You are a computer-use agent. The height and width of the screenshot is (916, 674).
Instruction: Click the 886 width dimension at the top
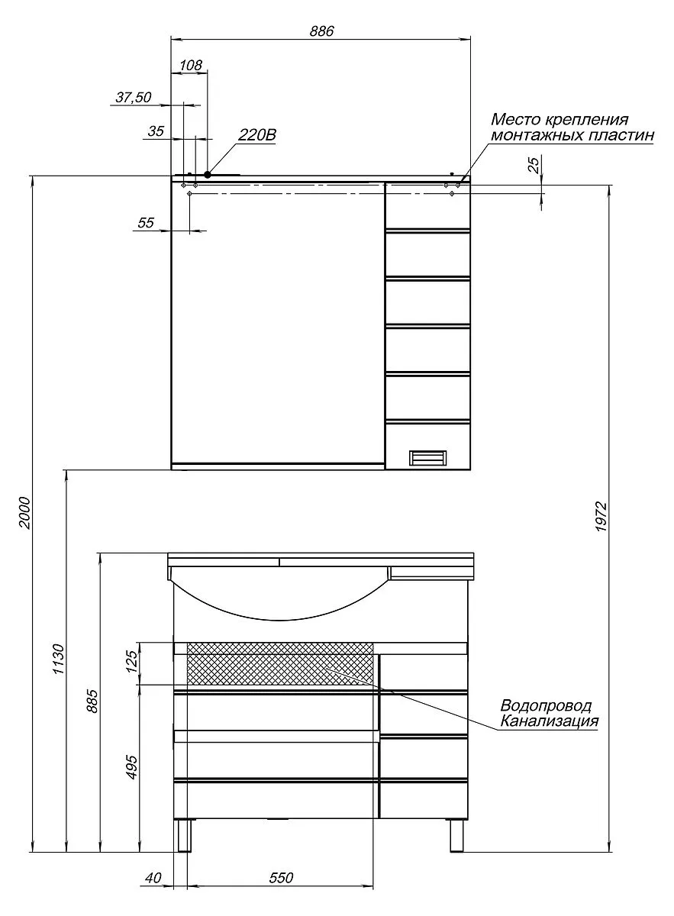coord(321,31)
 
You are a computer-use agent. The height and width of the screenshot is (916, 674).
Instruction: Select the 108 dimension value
coord(191,65)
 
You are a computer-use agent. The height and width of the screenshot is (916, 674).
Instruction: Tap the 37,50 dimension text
coord(134,98)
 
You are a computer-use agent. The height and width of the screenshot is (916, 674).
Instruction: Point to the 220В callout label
coord(256,134)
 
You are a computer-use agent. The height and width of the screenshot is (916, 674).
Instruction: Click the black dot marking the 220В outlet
coord(208,175)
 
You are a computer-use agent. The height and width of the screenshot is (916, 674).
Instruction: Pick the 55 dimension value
coord(146,223)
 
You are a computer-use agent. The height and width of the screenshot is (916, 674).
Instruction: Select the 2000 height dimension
coord(25,512)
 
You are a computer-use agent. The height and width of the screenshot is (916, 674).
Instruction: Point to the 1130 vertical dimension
coord(59,660)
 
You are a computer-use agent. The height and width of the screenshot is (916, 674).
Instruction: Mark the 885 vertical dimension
coord(92,701)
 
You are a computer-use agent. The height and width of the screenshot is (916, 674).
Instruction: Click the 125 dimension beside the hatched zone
coord(132,661)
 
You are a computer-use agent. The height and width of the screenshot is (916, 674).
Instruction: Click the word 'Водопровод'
coord(546,705)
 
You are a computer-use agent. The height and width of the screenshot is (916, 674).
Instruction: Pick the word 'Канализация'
coord(550,721)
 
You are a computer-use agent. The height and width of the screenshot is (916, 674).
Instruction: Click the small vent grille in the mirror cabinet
coord(427,457)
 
